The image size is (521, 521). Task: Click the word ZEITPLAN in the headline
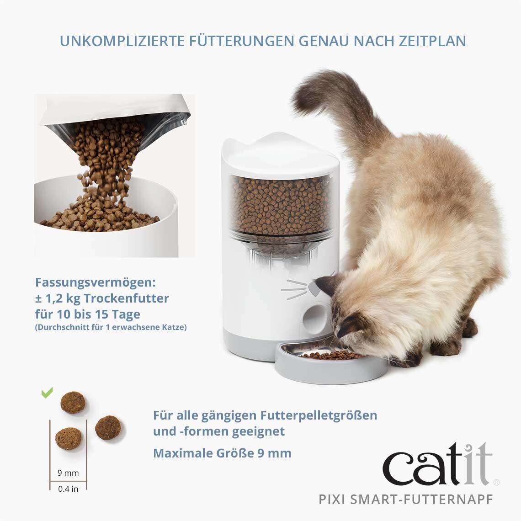tap(428, 41)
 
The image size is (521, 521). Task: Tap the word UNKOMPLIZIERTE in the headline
tap(122, 41)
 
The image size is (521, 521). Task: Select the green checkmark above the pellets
tap(47, 393)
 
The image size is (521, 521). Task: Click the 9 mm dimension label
tap(68, 473)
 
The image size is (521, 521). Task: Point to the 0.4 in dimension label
tap(68, 489)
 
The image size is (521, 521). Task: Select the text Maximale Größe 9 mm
tap(222, 453)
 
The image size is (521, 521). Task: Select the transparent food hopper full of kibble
tap(279, 206)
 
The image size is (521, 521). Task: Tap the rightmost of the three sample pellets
tap(109, 428)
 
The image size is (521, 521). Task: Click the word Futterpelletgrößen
tap(319, 415)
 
